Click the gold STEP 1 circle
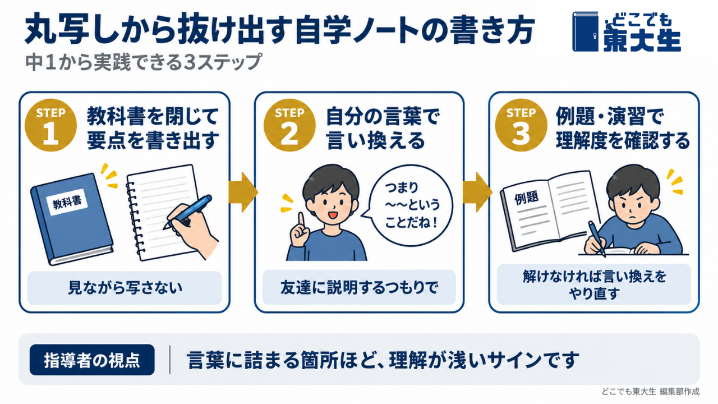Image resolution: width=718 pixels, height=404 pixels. tap(50, 125)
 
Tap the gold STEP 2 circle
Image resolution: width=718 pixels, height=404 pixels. tap(289, 125)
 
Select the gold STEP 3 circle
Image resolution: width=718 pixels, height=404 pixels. tap(521, 125)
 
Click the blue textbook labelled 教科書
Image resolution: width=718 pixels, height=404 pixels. tap(71, 219)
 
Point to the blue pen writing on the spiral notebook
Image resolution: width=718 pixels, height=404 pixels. tap(187, 212)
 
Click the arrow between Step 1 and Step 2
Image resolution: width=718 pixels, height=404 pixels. tap(243, 192)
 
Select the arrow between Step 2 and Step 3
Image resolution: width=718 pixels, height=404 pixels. tap(477, 192)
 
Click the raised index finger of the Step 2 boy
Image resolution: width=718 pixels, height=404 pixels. tap(301, 222)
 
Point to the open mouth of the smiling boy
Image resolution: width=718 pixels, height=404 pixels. tap(333, 215)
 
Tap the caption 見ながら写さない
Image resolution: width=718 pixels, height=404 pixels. tap(125, 288)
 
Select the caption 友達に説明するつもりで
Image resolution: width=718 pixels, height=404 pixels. tap(360, 288)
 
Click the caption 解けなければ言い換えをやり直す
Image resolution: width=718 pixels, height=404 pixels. tap(594, 284)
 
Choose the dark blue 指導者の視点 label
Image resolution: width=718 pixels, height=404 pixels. tap(92, 360)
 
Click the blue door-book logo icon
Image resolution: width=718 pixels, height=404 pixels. tap(585, 31)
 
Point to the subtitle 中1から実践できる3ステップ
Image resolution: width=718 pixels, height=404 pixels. tap(144, 62)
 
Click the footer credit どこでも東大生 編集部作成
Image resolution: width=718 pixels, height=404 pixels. tap(650, 392)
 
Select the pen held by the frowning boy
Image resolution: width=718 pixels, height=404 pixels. tap(597, 238)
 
